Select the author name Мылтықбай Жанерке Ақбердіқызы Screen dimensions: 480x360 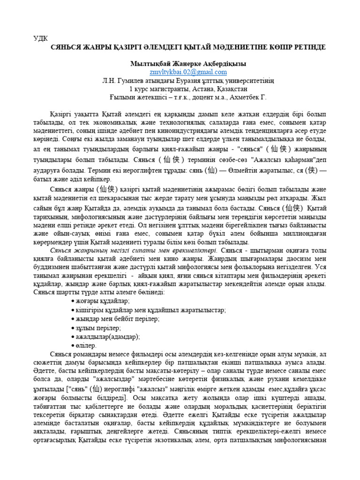pyautogui.click(x=187, y=63)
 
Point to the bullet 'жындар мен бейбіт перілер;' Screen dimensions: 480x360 pyautogui.click(x=118, y=319)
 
